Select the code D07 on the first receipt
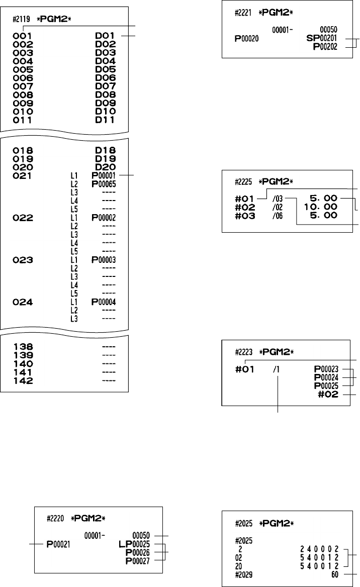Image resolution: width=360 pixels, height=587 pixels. (106, 86)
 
